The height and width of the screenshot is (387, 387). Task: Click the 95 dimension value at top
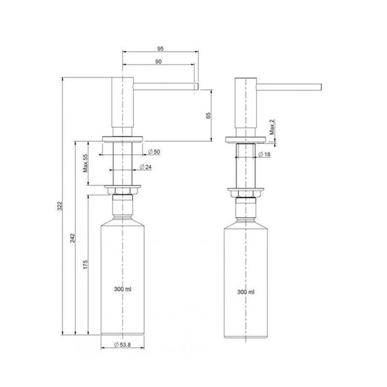[161, 49]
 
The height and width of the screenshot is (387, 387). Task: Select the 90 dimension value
[158, 62]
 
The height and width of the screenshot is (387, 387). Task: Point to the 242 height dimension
[73, 238]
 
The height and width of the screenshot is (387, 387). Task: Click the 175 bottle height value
[86, 265]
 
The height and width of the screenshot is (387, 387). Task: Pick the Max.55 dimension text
[86, 163]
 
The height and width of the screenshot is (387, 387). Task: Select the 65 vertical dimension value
[209, 115]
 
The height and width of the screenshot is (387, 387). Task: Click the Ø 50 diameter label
[154, 152]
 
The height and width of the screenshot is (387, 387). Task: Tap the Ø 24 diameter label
[146, 167]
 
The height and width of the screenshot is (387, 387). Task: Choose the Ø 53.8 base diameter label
[122, 345]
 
